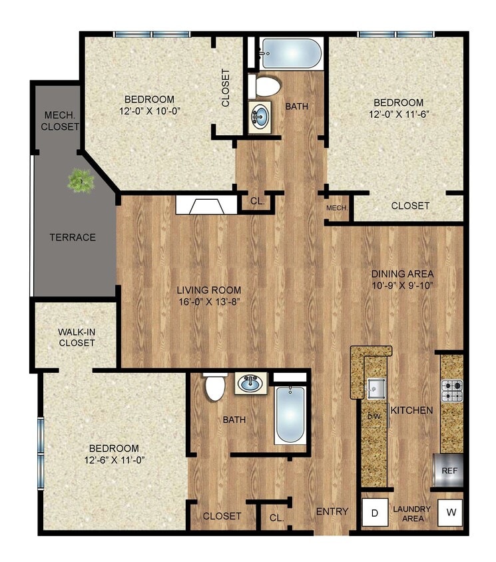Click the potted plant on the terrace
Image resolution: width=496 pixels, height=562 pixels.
(81, 180)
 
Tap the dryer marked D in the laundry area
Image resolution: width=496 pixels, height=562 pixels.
(374, 513)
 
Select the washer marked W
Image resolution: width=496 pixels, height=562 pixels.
(451, 512)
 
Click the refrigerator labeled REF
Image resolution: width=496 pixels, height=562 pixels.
(449, 471)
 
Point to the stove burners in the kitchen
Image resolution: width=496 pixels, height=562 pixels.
(452, 391)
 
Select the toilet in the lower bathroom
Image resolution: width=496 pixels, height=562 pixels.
(215, 388)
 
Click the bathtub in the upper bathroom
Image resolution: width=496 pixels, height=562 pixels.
(290, 53)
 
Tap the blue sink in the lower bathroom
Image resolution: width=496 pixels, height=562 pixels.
(252, 384)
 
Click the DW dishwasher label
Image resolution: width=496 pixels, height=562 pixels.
(373, 417)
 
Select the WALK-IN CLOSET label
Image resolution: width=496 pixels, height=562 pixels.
(76, 337)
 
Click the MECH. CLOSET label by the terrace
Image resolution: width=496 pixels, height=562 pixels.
(59, 121)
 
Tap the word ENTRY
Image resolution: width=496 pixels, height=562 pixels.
(332, 511)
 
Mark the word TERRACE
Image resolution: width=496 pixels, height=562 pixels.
(73, 237)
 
